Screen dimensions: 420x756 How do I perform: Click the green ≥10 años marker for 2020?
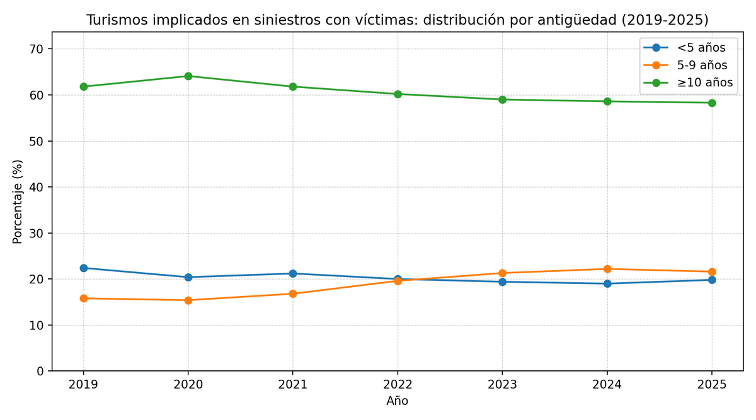[188, 76]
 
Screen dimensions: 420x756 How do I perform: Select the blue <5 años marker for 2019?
[83, 268]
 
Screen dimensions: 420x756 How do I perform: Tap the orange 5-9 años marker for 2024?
[607, 269]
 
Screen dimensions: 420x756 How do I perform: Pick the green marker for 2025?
[712, 103]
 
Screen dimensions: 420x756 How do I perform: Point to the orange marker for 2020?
[188, 300]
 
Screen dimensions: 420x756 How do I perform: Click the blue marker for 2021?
[293, 273]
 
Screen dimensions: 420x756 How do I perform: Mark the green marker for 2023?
[502, 99]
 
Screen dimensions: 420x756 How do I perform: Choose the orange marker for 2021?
[293, 293]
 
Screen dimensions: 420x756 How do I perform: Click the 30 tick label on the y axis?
[37, 234]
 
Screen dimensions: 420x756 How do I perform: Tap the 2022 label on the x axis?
[398, 384]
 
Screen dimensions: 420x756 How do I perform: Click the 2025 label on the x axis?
[712, 384]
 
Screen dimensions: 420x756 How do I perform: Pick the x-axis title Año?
[398, 401]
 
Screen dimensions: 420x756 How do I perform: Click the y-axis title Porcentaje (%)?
[18, 201]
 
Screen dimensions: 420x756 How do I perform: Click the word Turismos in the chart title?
[113, 20]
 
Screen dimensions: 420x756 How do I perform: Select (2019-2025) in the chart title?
[665, 20]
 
